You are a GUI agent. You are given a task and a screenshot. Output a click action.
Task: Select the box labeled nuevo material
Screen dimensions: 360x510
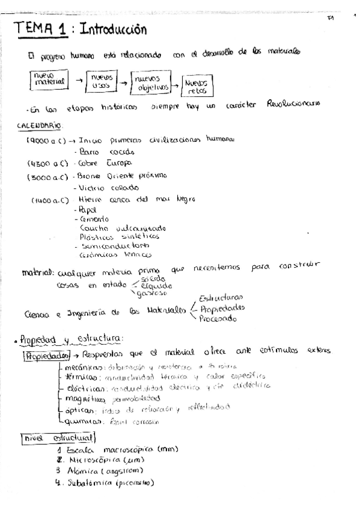coord(46,79)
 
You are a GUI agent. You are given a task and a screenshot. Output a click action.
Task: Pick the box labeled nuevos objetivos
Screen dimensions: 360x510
coord(150,82)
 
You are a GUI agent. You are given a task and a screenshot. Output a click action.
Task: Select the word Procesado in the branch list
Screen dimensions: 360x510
coord(219,319)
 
